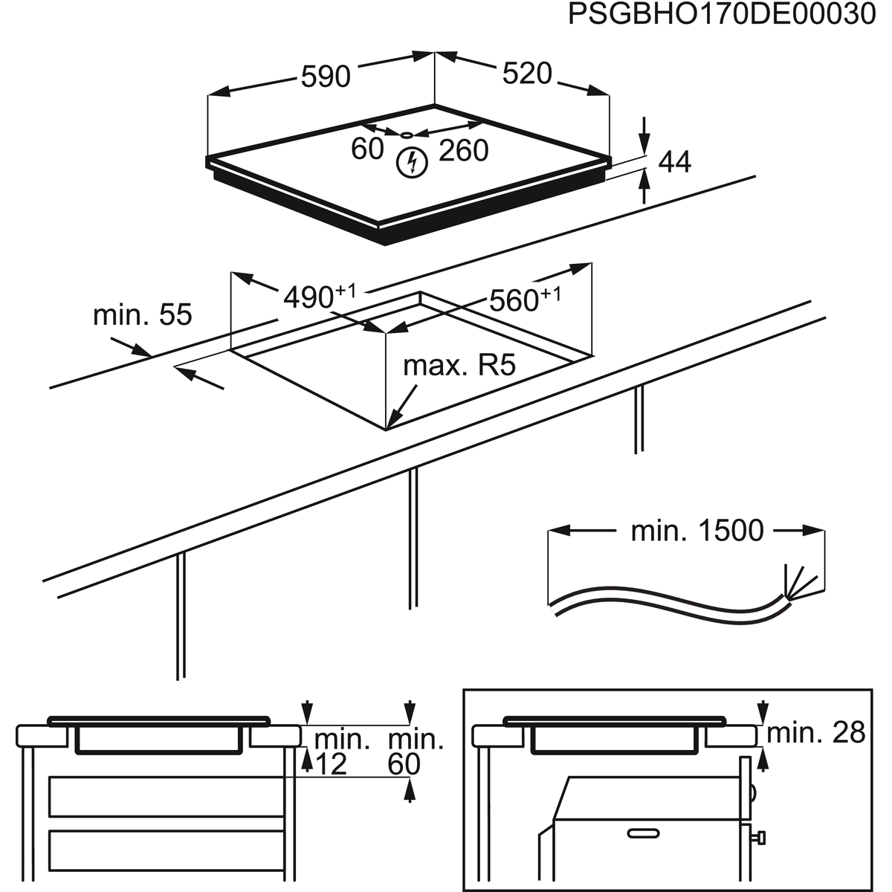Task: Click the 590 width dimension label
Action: [325, 77]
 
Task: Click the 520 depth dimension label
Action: [526, 74]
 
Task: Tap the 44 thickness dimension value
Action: [674, 163]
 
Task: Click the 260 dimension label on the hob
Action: [463, 151]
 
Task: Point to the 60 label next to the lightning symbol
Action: [366, 149]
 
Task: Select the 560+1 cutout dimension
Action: [523, 300]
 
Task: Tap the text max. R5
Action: [459, 366]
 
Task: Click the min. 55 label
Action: [142, 315]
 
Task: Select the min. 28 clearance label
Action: [815, 734]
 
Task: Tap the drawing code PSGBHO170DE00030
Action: [721, 16]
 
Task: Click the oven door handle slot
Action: [644, 830]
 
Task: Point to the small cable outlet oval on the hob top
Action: [406, 135]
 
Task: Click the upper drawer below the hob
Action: [167, 796]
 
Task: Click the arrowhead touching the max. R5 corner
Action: [392, 422]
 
